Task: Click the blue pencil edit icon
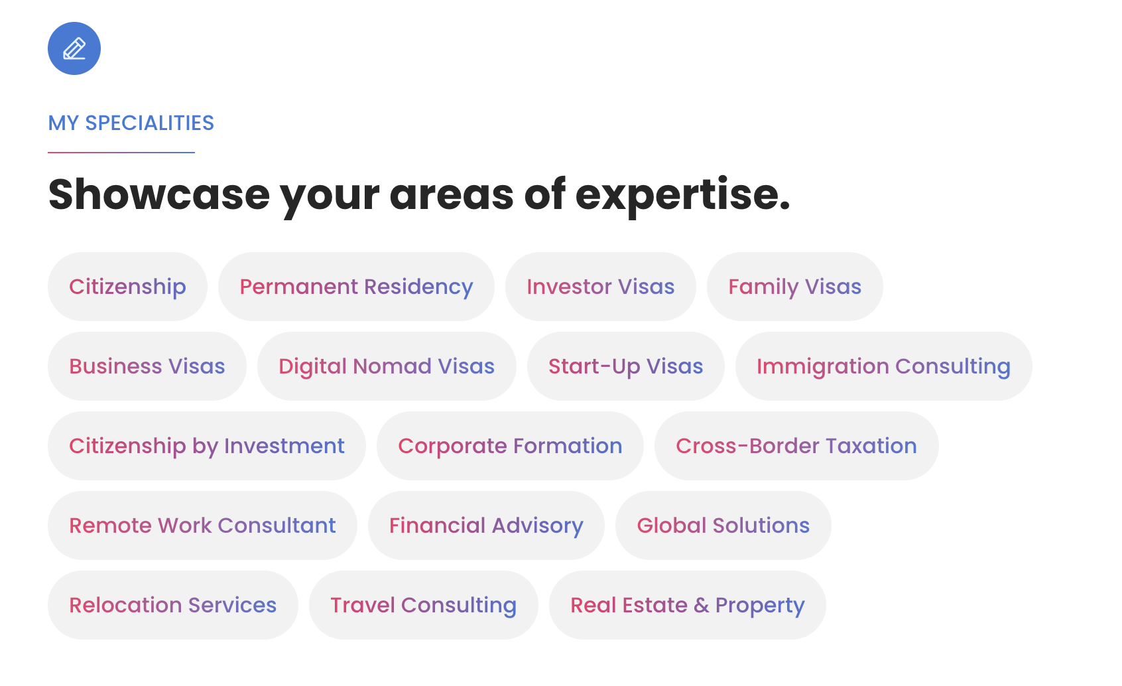point(74,48)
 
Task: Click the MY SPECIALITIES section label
point(131,123)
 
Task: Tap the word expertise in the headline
point(682,196)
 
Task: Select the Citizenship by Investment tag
point(206,446)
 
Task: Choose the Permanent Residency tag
point(356,287)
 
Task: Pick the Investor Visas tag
point(601,287)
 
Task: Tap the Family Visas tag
point(794,287)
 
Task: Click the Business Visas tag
point(147,366)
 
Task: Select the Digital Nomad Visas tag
point(387,366)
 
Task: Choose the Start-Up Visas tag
point(625,366)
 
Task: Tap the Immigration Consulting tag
point(883,366)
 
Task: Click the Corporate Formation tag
point(510,446)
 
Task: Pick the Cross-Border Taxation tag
point(796,446)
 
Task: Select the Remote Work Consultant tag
point(202,525)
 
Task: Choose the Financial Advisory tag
point(486,525)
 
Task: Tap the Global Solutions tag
point(723,525)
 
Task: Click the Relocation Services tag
point(173,605)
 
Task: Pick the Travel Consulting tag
point(423,605)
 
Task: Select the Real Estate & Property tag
point(687,605)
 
